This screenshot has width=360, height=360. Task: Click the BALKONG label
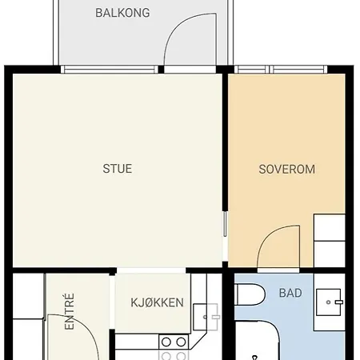click(122, 13)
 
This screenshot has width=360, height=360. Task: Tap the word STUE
click(118, 169)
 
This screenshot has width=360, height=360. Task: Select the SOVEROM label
click(287, 170)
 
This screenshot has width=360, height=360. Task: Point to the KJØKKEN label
click(157, 302)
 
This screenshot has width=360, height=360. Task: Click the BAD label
click(290, 293)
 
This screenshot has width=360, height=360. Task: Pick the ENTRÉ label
click(70, 311)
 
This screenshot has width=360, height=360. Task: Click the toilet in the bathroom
click(250, 294)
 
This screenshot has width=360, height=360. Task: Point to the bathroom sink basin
click(328, 302)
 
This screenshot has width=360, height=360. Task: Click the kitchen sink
click(206, 317)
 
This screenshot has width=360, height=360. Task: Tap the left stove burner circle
click(166, 342)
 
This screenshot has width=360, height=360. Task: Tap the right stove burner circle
click(181, 342)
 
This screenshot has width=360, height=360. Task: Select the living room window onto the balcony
click(110, 70)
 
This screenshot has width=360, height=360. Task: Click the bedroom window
click(281, 70)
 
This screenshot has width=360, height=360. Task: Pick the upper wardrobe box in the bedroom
click(330, 227)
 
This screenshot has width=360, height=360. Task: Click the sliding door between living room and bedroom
click(225, 224)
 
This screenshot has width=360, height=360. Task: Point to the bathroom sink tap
click(338, 302)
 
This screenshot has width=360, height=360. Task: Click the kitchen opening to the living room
click(151, 270)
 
